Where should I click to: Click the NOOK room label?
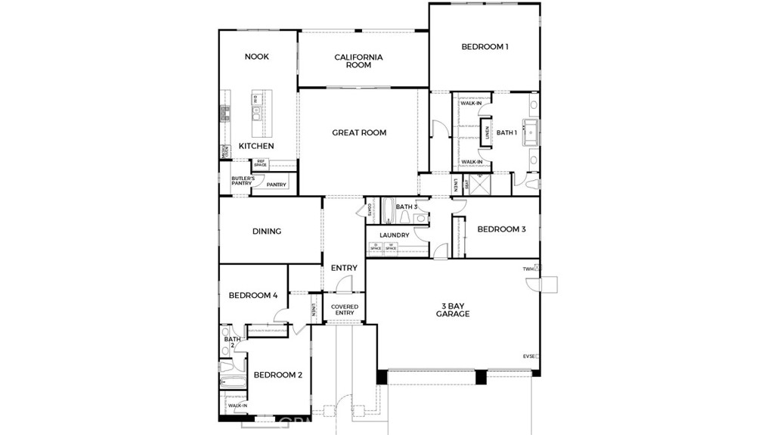pos(257,57)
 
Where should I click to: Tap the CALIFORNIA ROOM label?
pos(358,61)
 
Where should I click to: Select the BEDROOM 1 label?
pos(485,47)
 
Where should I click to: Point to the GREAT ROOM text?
pos(359,132)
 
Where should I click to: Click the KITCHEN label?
pos(256,146)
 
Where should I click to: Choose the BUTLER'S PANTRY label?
pos(242,181)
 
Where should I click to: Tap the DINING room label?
pos(267,231)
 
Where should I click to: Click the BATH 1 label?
pos(506,132)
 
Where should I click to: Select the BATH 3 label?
pos(407,207)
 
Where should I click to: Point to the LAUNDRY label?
pos(395,235)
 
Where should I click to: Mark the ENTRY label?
pos(344,268)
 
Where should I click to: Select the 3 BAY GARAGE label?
pos(453,310)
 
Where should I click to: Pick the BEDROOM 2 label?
pos(277,374)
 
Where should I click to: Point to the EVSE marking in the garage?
pos(529,356)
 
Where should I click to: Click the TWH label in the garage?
pos(528,269)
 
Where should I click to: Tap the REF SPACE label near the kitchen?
pos(260,163)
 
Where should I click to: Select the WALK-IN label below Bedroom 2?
pos(237,405)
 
